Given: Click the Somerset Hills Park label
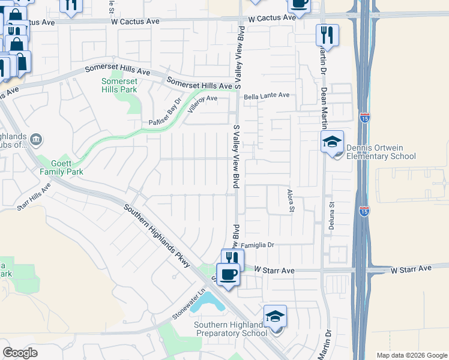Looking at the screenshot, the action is tap(119, 85).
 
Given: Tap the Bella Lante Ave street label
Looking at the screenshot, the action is tap(267, 95).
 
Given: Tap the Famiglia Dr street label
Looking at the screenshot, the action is tap(258, 245).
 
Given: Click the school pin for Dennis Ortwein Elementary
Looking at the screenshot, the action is tap(332, 143).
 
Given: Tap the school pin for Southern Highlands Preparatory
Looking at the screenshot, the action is tap(276, 317).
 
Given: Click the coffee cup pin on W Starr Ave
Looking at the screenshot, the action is tap(228, 275).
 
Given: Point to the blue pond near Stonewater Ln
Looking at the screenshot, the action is tap(208, 302).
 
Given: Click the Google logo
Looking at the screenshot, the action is tap(20, 353).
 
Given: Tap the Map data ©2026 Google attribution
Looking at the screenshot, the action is tap(412, 355).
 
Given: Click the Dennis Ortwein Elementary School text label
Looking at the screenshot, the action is tap(380, 152).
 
